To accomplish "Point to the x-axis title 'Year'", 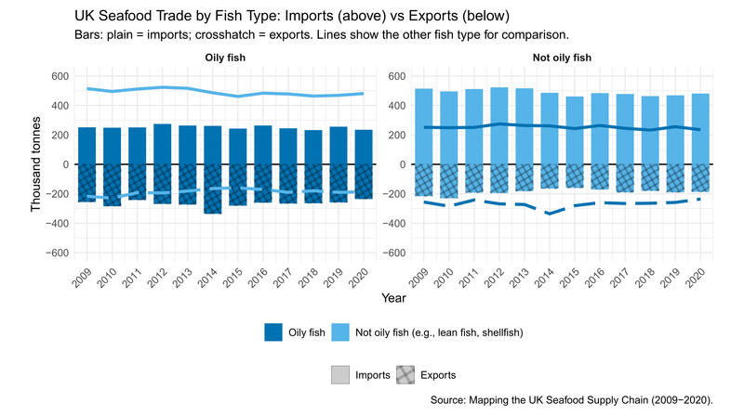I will (x=392, y=298).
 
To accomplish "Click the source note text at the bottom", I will (x=572, y=400).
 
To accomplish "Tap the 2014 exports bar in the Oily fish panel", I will (x=213, y=188).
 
